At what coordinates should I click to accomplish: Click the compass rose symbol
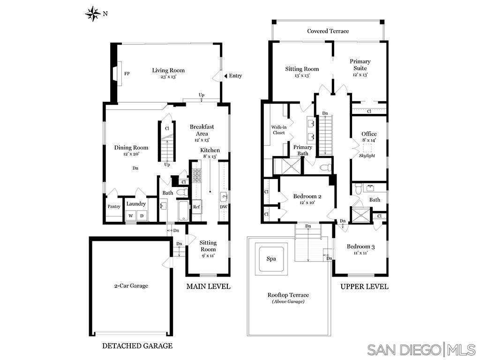93,14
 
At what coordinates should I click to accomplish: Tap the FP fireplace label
127,74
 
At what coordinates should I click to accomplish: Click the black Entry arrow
225,76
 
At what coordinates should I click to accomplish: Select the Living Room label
168,70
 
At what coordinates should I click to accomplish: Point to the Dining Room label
131,148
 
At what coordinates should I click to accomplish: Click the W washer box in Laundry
130,216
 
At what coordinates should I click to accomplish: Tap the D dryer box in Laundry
142,216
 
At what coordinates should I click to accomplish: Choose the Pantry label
114,207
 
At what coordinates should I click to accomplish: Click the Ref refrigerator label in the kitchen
197,207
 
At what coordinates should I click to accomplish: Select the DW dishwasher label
224,207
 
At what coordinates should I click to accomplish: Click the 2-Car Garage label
131,285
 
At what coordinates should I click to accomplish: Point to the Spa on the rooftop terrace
271,259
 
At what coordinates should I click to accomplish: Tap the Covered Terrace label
328,31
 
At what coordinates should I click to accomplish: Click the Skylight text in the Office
367,156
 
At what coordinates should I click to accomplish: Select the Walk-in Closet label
279,129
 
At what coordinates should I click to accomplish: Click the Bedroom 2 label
307,196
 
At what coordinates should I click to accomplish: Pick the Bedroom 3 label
360,247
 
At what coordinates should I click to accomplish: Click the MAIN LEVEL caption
208,286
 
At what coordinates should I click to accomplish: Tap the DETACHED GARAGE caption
137,346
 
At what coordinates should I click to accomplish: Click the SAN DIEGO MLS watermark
421,350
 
